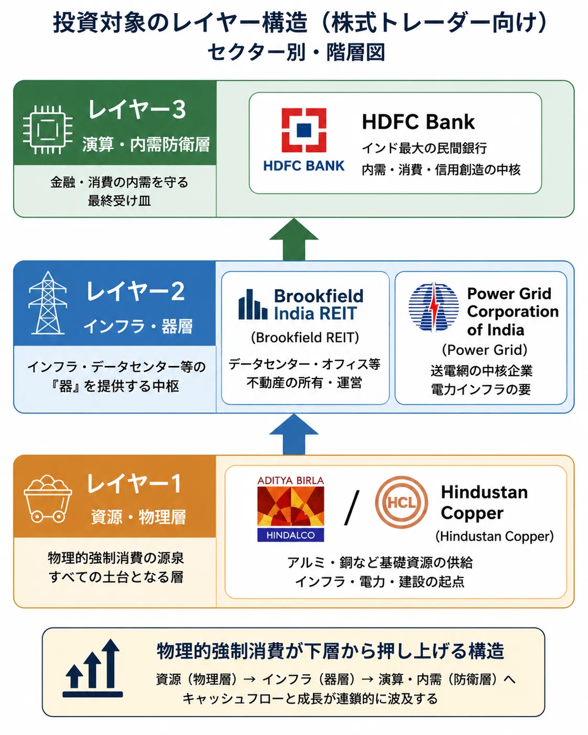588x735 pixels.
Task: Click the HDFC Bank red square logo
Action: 304,130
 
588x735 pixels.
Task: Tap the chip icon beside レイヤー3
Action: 48,130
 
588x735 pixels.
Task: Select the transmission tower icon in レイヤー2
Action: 48,302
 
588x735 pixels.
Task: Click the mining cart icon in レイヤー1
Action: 48,499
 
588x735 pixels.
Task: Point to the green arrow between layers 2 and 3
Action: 294,240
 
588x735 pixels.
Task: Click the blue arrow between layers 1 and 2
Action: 294,434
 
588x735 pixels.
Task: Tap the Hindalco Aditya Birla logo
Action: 290,509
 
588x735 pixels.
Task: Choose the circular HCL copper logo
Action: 401,502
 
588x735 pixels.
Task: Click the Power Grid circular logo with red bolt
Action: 433,307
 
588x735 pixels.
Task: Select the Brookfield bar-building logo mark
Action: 253,304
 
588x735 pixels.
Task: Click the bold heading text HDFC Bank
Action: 418,122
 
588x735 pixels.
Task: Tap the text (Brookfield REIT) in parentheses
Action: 305,338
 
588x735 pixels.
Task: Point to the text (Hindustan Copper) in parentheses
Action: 494,536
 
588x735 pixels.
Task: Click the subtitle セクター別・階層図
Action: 297,52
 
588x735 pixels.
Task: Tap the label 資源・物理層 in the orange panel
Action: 139,517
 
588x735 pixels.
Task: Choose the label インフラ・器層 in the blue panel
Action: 138,326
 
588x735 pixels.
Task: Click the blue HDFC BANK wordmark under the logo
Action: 304,166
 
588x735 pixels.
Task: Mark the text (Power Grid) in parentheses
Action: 485,350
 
